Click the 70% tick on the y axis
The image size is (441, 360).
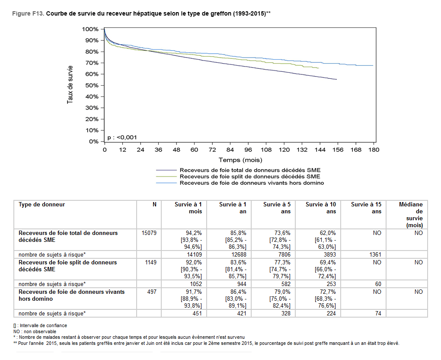pos(92,63)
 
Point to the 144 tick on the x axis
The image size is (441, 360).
pos(320,150)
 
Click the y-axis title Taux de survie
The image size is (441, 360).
pos(70,84)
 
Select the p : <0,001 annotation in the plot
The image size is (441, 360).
pos(122,137)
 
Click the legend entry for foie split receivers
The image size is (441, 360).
pos(250,177)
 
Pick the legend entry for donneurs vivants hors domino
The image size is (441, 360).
pos(252,183)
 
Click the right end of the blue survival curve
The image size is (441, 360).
pos(373,65)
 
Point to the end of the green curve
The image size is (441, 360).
pos(319,68)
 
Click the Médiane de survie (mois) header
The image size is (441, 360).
pos(412,215)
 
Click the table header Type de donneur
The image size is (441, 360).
pos(42,204)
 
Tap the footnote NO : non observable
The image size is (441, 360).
pos(35,331)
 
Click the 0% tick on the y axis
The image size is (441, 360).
pos(93,141)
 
